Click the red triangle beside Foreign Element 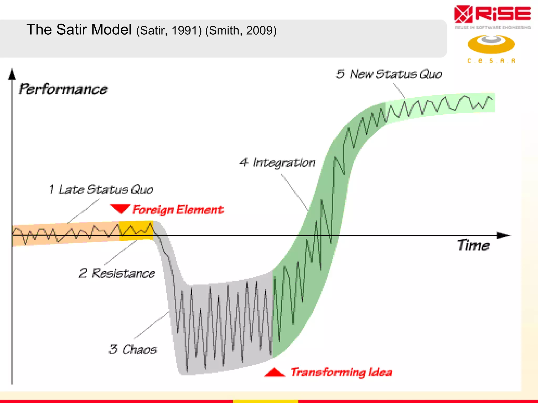tap(120, 208)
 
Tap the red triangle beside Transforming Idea tap(275, 373)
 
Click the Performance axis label tap(63, 89)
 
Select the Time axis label tap(473, 246)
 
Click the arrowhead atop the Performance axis tap(12, 74)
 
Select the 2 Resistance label tap(117, 273)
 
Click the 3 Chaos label tap(133, 349)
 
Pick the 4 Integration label tap(277, 163)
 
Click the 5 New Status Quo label tap(389, 74)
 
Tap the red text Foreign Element tap(178, 210)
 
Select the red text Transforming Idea tap(341, 372)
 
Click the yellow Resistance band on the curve tap(136, 230)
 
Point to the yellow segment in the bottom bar tap(265, 401)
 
